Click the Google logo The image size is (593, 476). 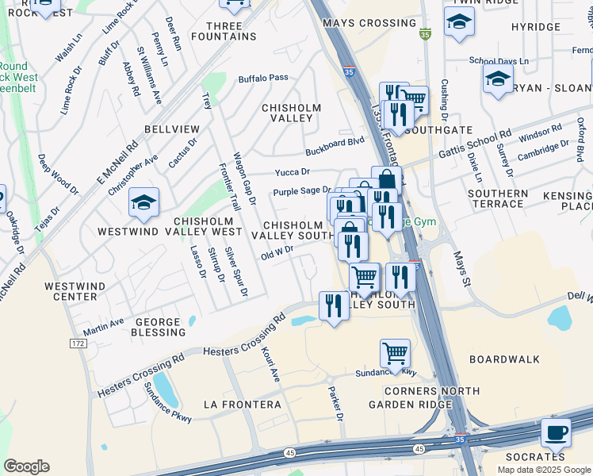click(26, 466)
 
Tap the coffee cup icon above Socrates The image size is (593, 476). click(556, 432)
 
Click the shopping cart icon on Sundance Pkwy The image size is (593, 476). click(395, 352)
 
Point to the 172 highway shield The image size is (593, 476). click(77, 344)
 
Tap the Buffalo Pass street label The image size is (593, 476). click(262, 79)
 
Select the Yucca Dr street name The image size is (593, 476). click(292, 171)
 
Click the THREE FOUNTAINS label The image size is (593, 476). click(223, 32)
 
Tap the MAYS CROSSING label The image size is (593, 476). click(359, 23)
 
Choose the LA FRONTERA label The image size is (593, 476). click(242, 405)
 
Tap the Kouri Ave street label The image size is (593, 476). click(271, 362)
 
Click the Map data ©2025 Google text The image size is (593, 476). click(544, 469)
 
